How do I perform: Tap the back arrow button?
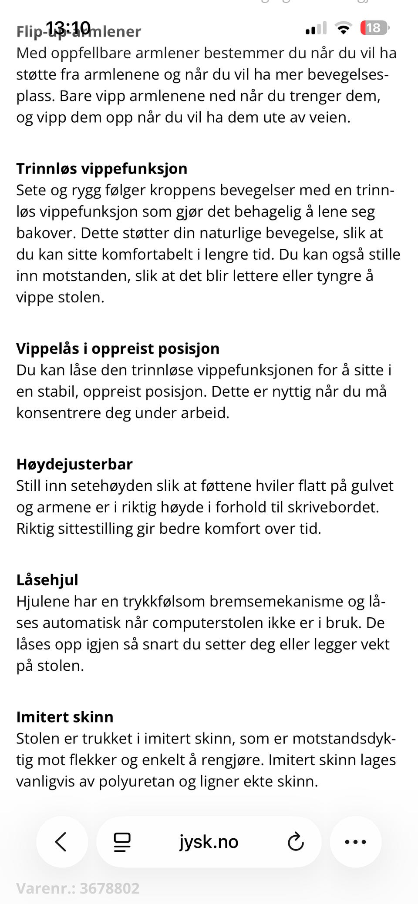(62, 841)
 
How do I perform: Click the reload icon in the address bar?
(296, 841)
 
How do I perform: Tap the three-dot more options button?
(355, 841)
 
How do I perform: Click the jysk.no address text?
(209, 841)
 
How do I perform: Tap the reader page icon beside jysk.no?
(122, 841)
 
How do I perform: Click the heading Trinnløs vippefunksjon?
(101, 168)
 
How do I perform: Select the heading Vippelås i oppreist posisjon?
(118, 348)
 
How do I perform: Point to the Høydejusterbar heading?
(74, 464)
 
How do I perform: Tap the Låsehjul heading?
(47, 579)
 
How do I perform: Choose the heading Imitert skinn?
(64, 717)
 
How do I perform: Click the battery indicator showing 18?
(374, 28)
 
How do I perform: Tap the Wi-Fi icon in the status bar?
(344, 28)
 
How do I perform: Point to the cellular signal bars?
(316, 28)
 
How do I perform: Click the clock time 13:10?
(68, 27)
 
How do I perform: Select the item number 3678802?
(109, 888)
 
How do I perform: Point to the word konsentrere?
(58, 413)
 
